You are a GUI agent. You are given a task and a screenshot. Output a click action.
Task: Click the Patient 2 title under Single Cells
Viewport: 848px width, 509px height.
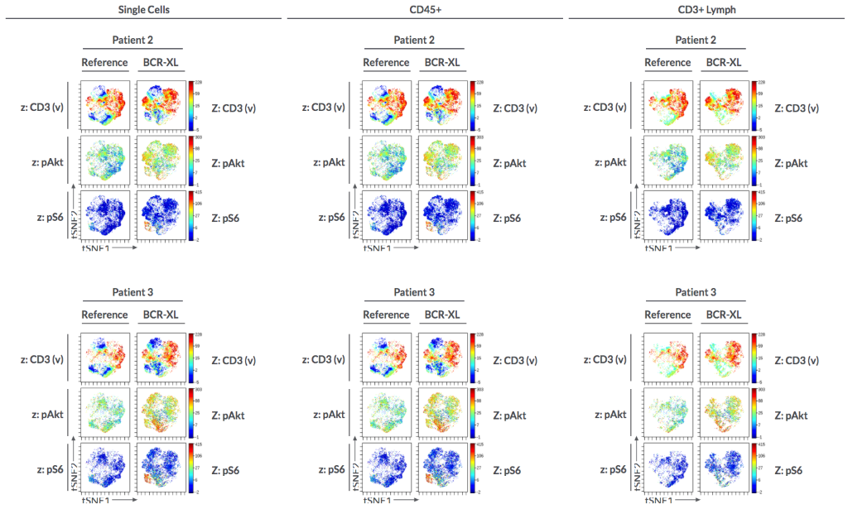click(x=132, y=40)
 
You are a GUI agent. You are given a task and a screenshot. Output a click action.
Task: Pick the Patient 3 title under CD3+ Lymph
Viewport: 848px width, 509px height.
click(x=696, y=292)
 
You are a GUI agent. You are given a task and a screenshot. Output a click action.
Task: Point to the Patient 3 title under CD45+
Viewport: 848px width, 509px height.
click(x=414, y=292)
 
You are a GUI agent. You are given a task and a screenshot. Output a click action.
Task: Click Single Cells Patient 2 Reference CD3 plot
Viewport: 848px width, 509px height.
click(x=104, y=107)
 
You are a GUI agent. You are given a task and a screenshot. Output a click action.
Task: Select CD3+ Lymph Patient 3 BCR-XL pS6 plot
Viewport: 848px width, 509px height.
click(x=724, y=470)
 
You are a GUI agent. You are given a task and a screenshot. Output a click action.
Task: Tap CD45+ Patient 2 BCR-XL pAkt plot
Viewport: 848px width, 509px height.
click(x=442, y=162)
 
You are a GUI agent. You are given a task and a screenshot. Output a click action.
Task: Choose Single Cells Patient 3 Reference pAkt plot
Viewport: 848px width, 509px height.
click(x=104, y=414)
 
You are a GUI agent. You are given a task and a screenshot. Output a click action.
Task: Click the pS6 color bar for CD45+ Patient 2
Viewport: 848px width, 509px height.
click(x=473, y=217)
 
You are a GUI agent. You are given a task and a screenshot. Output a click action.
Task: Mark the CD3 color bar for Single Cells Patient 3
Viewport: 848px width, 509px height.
click(x=191, y=359)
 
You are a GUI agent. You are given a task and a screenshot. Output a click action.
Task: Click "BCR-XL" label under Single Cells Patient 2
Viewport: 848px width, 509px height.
click(x=160, y=62)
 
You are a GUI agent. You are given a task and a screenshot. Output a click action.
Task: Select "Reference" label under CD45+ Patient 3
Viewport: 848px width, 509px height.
click(x=386, y=315)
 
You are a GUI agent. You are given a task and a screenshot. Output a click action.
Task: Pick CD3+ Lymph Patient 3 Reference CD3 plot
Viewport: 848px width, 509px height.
click(x=667, y=359)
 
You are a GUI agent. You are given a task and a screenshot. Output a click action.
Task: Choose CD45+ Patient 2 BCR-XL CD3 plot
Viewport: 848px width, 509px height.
click(x=442, y=107)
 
